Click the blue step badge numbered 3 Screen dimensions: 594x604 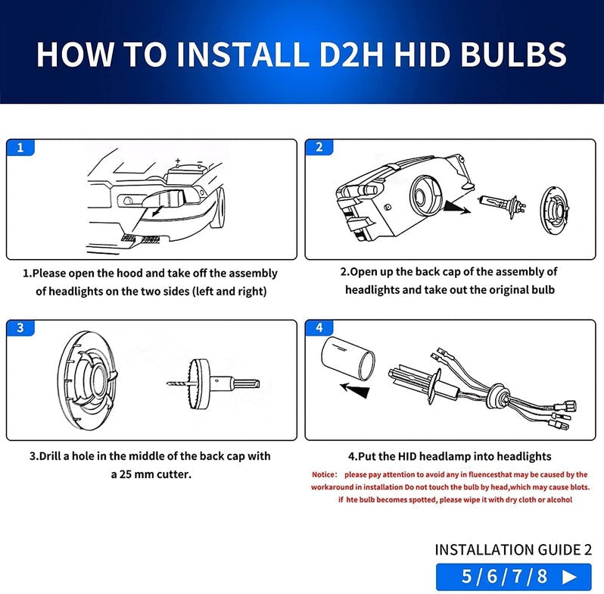[20, 328]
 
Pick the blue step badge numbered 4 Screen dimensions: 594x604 [319, 328]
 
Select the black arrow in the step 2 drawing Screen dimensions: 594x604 [456, 206]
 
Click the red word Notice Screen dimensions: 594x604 [326, 475]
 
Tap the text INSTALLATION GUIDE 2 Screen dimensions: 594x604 [512, 549]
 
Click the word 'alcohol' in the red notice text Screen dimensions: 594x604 [555, 500]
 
